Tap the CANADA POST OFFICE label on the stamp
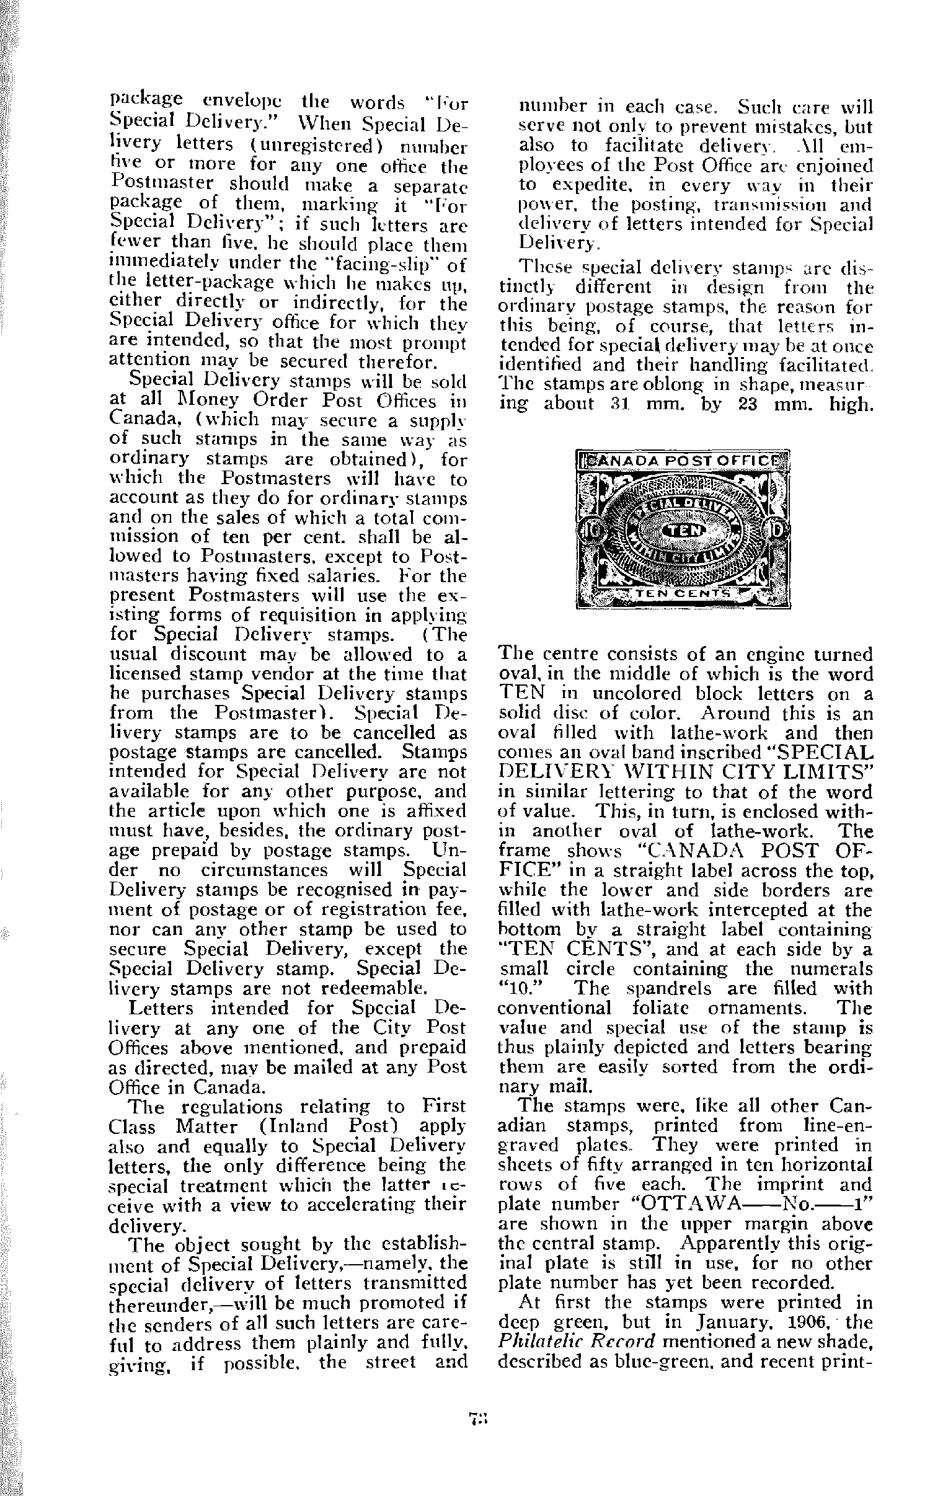pyautogui.click(x=684, y=461)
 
